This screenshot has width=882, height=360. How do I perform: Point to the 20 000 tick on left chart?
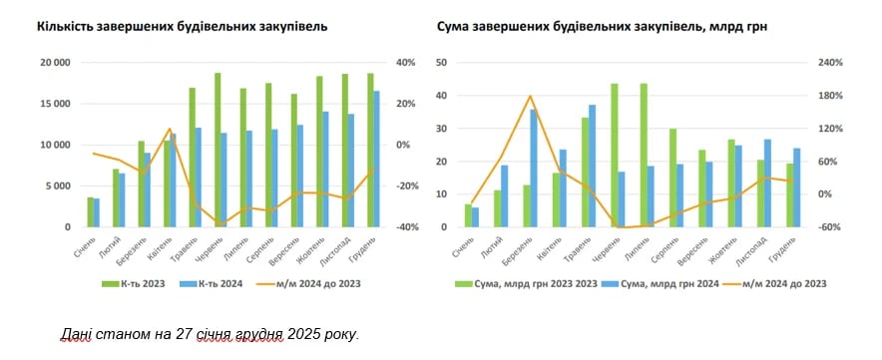tap(54, 63)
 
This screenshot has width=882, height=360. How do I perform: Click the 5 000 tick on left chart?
tap(57, 186)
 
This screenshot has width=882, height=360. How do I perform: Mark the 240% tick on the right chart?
tap(831, 63)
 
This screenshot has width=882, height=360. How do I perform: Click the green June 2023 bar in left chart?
tap(218, 150)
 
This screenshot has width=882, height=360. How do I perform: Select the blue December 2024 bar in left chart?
tap(376, 160)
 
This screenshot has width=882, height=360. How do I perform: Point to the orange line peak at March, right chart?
tap(530, 97)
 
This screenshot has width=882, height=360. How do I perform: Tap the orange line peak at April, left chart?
tap(170, 129)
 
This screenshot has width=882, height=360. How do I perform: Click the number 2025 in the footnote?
tap(300, 333)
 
